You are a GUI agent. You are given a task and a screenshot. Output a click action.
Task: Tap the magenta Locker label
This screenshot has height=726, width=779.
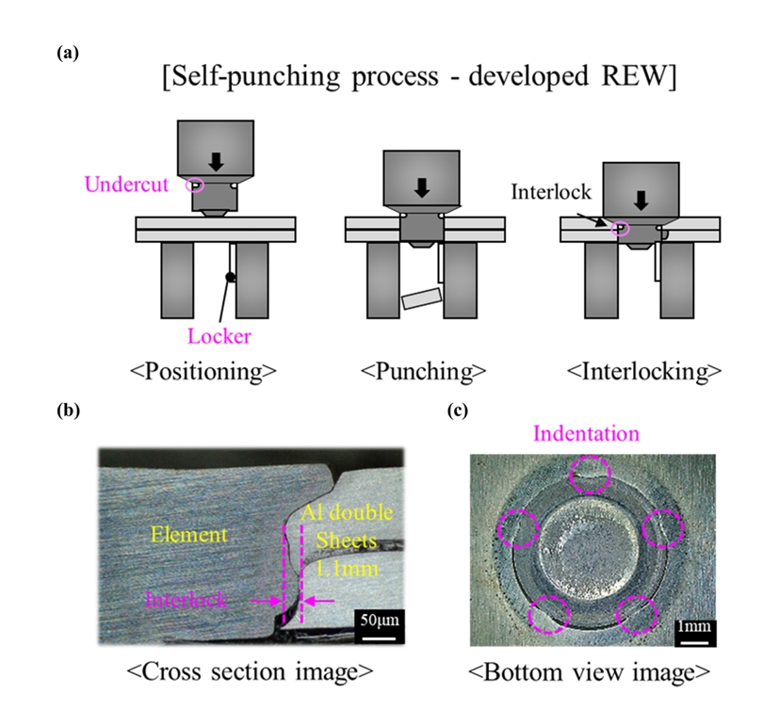(x=220, y=335)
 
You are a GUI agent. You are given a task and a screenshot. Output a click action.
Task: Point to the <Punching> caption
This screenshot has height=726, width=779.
(x=419, y=370)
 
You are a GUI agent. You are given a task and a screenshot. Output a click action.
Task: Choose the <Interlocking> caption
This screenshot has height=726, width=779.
(x=639, y=370)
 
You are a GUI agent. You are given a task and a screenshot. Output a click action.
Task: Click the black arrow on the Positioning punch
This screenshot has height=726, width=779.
(x=216, y=160)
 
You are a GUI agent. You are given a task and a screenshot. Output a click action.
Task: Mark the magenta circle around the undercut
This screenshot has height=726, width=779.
(x=195, y=184)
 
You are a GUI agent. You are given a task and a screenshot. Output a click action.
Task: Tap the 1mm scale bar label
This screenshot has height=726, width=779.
(x=694, y=627)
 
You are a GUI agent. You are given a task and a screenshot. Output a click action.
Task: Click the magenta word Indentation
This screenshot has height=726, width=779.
(x=586, y=434)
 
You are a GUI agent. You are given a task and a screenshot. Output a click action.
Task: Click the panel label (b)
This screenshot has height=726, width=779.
(x=68, y=410)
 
